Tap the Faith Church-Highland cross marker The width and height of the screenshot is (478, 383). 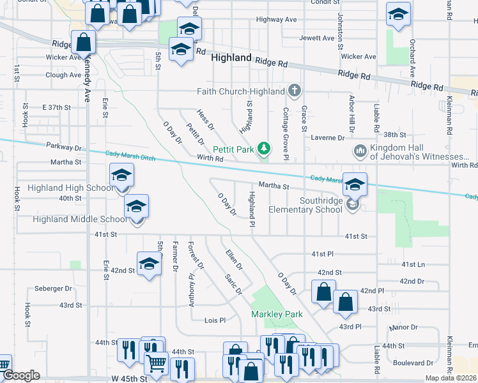point(294,91)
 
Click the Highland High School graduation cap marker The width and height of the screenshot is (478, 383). point(121,177)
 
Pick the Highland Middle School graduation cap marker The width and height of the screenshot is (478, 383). point(136,208)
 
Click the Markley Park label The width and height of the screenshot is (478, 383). point(277,314)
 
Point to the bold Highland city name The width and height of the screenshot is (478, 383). point(231,57)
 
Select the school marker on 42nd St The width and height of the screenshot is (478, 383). point(150,264)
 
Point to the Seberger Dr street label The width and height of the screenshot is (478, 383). point(54,289)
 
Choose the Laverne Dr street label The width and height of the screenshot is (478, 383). point(328,137)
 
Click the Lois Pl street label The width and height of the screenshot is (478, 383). point(215,320)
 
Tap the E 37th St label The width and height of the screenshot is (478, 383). point(56,107)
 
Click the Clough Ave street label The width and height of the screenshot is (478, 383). point(63,75)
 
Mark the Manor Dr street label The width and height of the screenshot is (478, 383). point(403,327)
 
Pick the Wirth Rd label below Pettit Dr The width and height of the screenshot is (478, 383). point(210,157)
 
